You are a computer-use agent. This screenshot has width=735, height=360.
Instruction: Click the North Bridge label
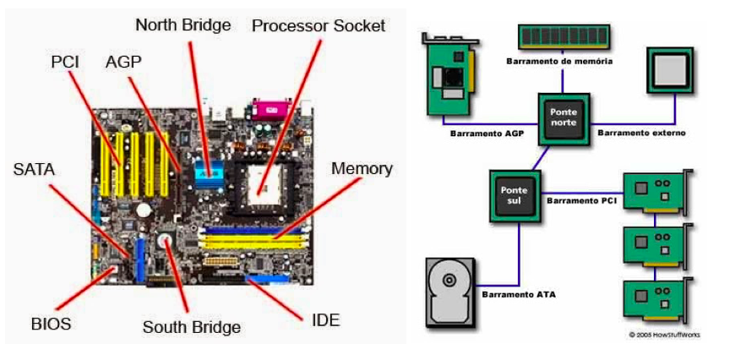point(182,25)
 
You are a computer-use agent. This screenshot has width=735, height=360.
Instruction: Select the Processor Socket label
point(318,25)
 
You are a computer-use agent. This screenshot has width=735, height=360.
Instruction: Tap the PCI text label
point(66,62)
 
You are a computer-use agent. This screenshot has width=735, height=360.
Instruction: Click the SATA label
point(34,170)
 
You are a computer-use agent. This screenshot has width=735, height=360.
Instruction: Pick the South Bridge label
point(191,327)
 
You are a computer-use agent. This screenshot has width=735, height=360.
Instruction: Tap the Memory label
point(362,168)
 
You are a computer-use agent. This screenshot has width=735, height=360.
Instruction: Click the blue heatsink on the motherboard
point(208,172)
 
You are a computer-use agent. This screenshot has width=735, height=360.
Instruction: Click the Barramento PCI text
point(582,200)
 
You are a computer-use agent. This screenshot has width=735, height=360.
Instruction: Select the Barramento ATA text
point(519,294)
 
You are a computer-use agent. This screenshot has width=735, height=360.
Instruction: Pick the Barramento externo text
point(641,133)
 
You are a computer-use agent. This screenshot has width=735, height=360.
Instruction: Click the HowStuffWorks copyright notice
point(664,335)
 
